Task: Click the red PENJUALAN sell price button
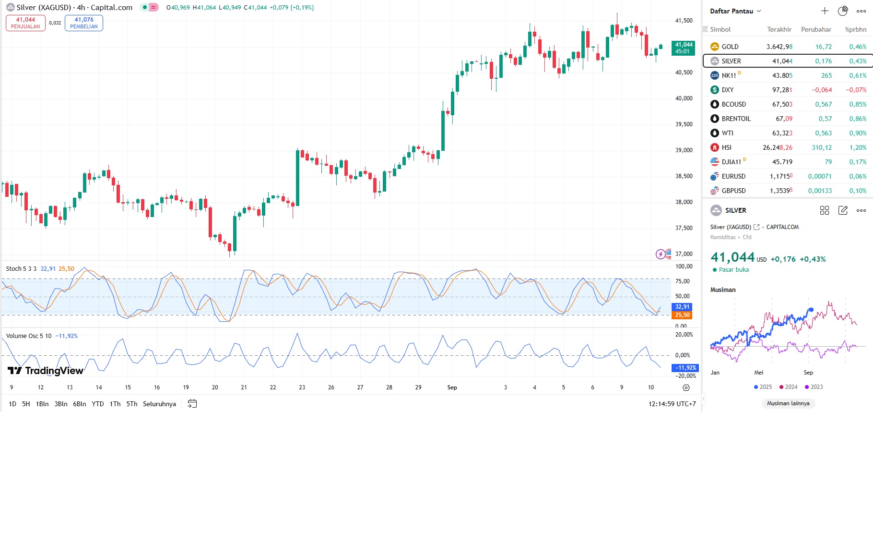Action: click(x=25, y=23)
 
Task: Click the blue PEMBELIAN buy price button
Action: click(x=84, y=23)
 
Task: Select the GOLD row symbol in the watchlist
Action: click(x=730, y=47)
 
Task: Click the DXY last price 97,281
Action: click(x=782, y=90)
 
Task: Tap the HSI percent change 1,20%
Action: click(x=858, y=147)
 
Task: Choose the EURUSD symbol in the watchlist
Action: click(x=733, y=176)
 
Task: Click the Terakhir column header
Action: click(x=779, y=29)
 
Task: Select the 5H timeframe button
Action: click(x=26, y=404)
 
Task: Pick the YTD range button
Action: click(x=98, y=404)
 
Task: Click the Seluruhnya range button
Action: click(x=159, y=404)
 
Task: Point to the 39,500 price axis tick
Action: click(x=684, y=124)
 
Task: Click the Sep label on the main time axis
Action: click(x=452, y=387)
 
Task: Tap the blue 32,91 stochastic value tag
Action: click(x=682, y=307)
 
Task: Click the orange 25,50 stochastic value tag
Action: click(x=682, y=315)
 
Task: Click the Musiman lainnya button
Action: click(x=788, y=403)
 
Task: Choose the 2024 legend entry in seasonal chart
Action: click(x=788, y=387)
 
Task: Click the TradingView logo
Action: click(x=46, y=371)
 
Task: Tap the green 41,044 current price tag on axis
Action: click(x=683, y=48)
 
